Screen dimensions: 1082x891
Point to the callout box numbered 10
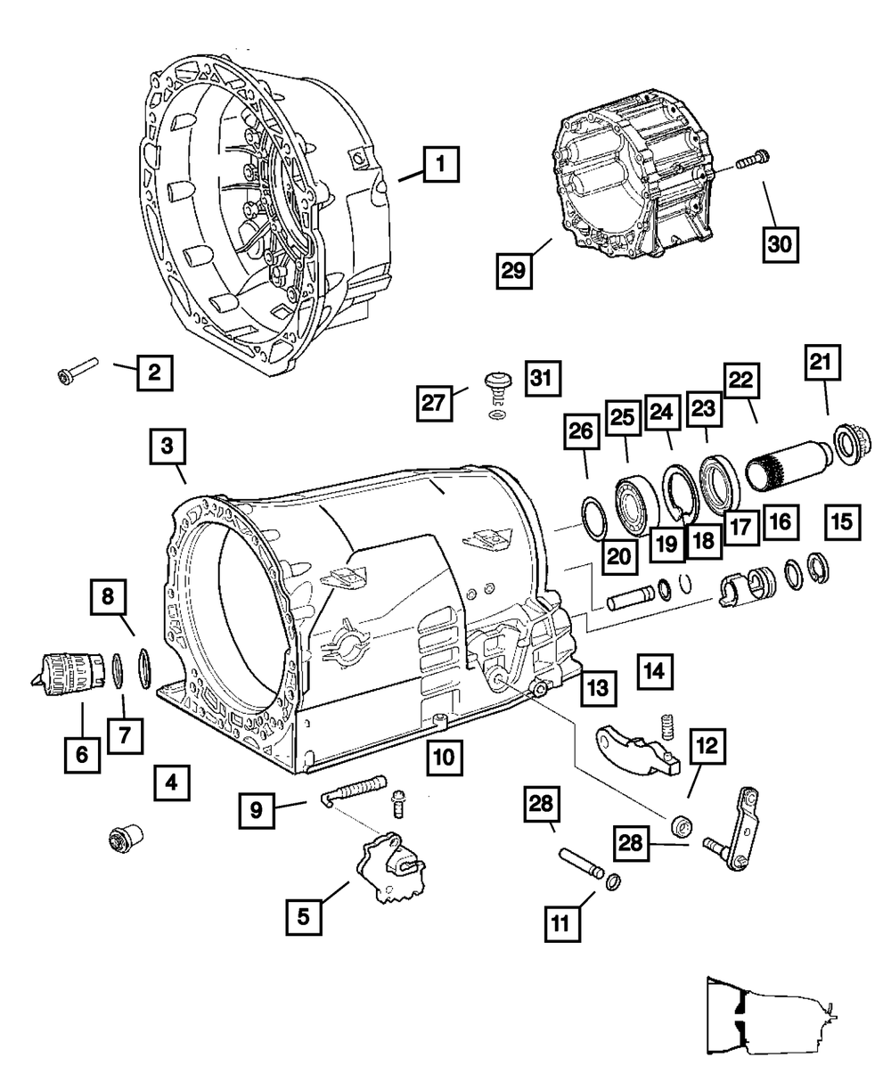click(x=444, y=758)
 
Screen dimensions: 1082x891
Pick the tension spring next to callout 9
click(x=356, y=788)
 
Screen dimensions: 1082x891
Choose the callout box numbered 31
click(x=543, y=380)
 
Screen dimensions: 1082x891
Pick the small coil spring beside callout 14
click(x=664, y=726)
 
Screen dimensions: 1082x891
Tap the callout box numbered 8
click(x=109, y=598)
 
